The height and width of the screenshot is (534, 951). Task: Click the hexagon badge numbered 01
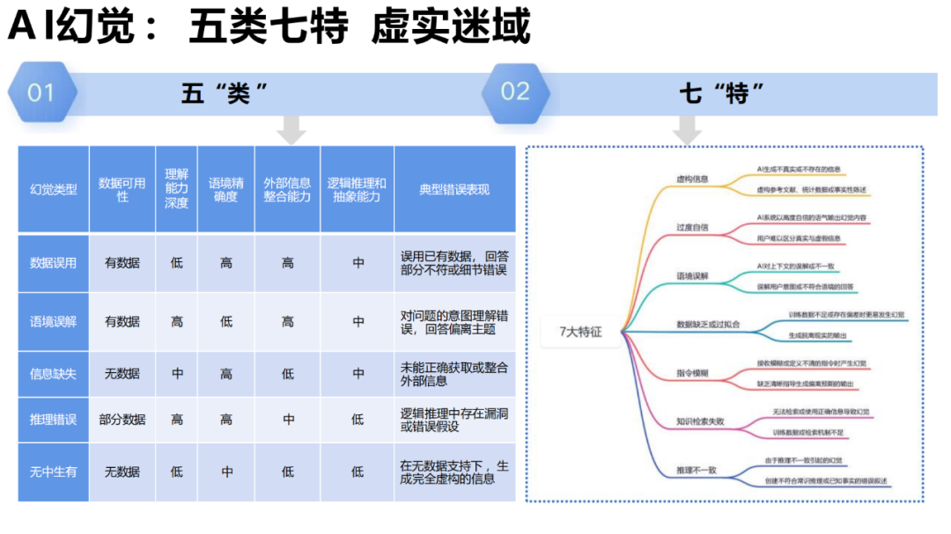tap(41, 92)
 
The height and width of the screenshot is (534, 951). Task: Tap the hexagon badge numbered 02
tap(515, 92)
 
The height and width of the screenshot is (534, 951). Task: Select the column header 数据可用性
tap(122, 189)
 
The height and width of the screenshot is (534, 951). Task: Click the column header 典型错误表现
tap(454, 189)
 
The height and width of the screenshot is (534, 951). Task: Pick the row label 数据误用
tap(54, 262)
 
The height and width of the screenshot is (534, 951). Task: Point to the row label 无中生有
tap(54, 472)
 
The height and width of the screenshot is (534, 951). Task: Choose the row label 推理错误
tap(54, 420)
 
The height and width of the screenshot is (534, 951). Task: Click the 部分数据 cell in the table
tap(122, 420)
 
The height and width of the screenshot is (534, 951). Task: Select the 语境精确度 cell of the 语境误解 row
tap(226, 322)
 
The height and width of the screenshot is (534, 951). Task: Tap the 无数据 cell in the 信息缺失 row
tap(122, 374)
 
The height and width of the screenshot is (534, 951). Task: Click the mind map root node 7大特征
tap(580, 332)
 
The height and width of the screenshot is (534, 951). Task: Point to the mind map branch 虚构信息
tap(692, 179)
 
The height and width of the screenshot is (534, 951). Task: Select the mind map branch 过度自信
tap(692, 227)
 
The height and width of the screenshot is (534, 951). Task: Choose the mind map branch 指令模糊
tap(692, 373)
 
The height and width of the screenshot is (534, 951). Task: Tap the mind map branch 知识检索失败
tap(700, 421)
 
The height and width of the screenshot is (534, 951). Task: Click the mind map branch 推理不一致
tap(697, 470)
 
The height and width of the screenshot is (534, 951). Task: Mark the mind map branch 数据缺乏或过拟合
tap(708, 325)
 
